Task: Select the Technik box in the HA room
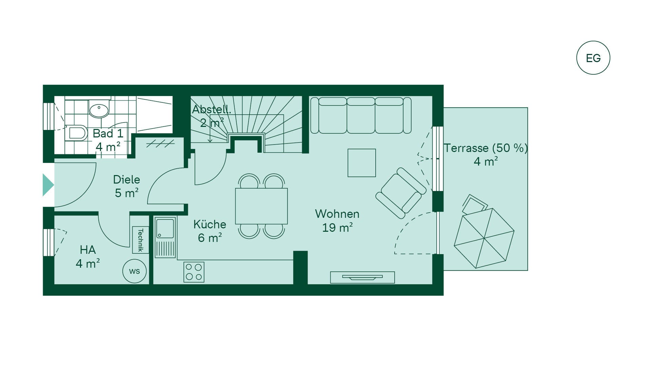[x=140, y=240]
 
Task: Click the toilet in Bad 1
[x=76, y=133]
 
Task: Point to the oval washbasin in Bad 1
[x=99, y=110]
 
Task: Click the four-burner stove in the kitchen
[x=194, y=272]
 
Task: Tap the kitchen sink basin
[x=165, y=228]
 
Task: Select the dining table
[x=261, y=206]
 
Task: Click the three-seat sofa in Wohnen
[x=361, y=115]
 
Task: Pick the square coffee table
[x=362, y=163]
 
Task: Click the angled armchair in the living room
[x=401, y=193]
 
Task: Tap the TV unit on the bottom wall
[x=362, y=277]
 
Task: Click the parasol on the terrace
[x=484, y=238]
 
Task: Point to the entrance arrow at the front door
[x=48, y=185]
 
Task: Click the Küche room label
[x=210, y=224]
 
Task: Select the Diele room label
[x=126, y=179]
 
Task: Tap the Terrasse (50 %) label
[x=486, y=148]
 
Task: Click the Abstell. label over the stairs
[x=212, y=109]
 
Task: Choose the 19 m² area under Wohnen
[x=337, y=227]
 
